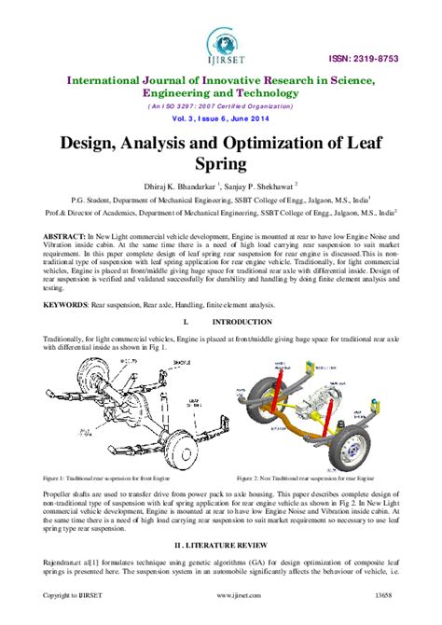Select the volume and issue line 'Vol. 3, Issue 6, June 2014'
220,121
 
